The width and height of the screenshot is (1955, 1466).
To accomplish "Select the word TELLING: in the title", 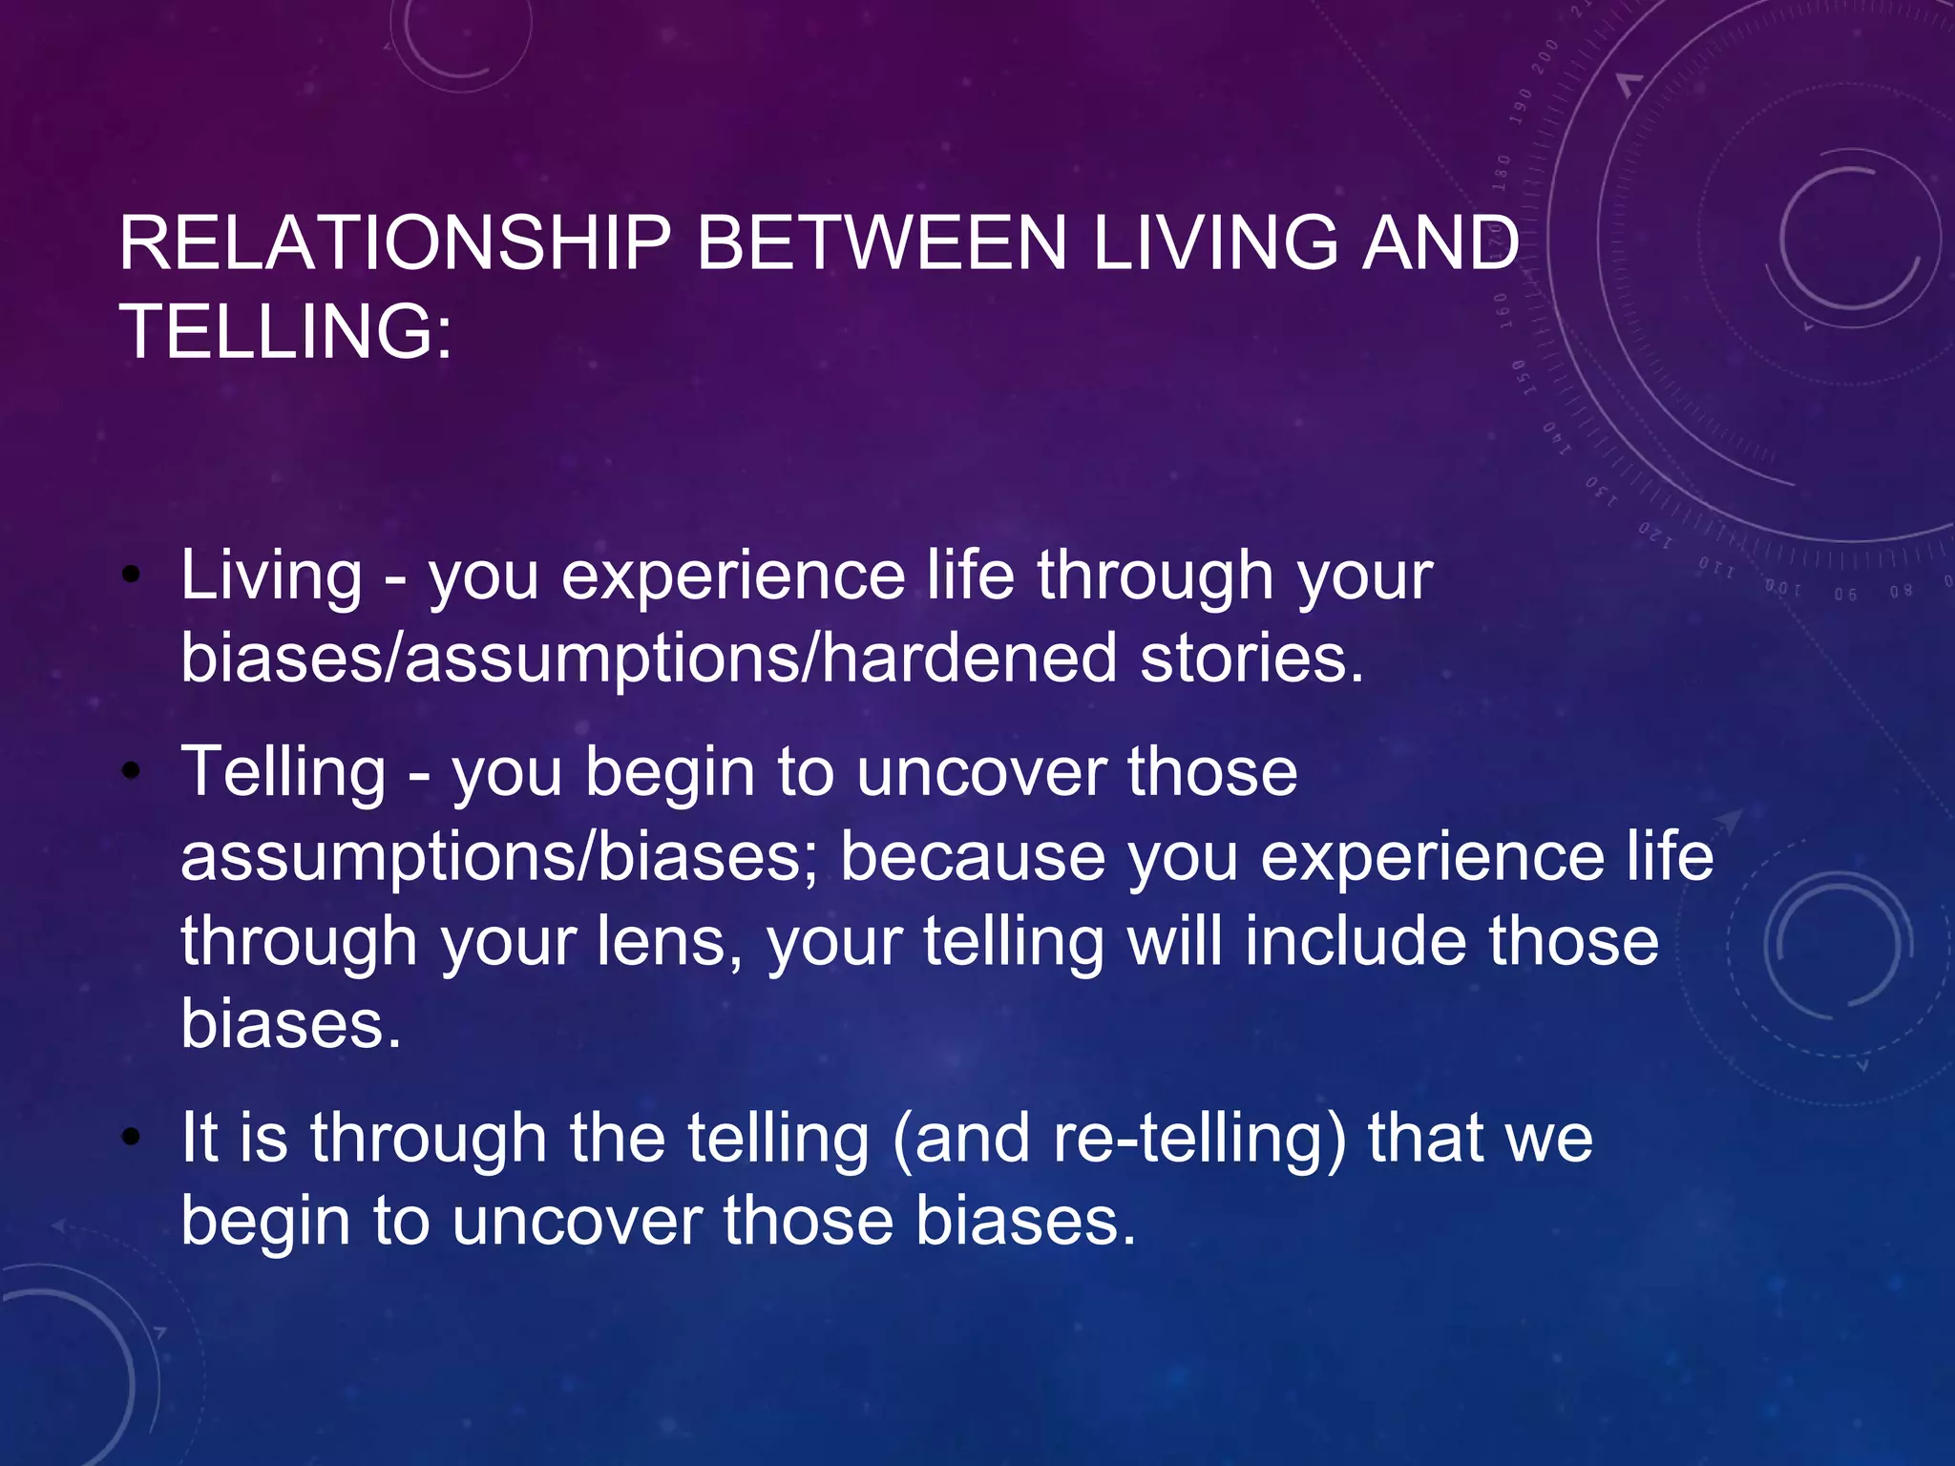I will [x=285, y=331].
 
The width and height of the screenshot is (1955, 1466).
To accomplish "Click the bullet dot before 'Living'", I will [x=132, y=576].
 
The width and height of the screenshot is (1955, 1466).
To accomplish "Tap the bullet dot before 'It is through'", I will [x=132, y=1138].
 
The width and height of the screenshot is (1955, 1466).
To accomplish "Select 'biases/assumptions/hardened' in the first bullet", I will [x=648, y=659].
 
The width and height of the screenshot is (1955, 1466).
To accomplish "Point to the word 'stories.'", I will [x=1252, y=659].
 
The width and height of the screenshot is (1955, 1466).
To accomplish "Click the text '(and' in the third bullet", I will [x=960, y=1138].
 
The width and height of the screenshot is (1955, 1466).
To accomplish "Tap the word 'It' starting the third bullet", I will [x=200, y=1138].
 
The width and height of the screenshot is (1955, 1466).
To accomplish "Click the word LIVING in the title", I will [x=1215, y=243].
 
